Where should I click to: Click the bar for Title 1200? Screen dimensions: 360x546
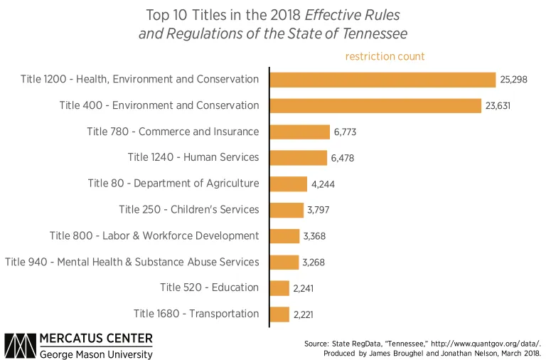(382, 80)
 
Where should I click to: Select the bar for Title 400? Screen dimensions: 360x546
(375, 105)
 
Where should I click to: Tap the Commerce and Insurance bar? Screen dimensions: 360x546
(300, 132)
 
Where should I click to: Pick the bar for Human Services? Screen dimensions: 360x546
(299, 157)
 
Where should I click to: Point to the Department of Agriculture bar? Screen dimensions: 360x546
(289, 184)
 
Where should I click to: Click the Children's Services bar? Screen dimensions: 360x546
(287, 210)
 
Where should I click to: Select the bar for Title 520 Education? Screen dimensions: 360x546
(280, 287)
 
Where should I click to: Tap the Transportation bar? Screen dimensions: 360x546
(280, 314)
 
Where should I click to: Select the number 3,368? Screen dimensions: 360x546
(314, 236)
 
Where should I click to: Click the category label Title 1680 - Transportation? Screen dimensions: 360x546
(196, 314)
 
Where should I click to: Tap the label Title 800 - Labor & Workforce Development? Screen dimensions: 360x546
(154, 235)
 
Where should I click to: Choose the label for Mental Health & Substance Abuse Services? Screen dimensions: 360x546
(132, 262)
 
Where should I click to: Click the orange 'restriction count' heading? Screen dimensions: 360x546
(385, 56)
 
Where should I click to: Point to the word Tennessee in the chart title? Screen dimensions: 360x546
(368, 33)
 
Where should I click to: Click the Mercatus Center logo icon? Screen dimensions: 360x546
(20, 344)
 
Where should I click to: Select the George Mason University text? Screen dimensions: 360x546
(95, 354)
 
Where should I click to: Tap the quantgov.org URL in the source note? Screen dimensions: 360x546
(475, 342)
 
